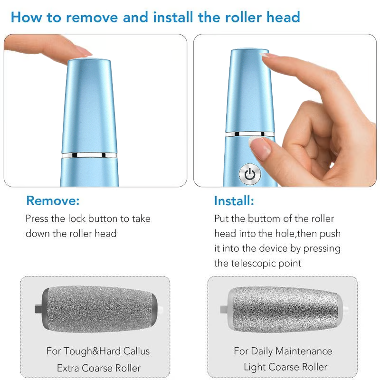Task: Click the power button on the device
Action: click(x=250, y=174)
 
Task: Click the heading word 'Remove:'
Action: click(x=53, y=200)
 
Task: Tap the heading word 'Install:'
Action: click(x=234, y=200)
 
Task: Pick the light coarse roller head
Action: click(x=285, y=310)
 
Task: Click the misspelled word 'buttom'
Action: click(x=258, y=218)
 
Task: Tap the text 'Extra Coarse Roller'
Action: click(x=98, y=368)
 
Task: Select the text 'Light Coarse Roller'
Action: click(x=285, y=367)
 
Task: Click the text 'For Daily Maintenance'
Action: click(x=283, y=351)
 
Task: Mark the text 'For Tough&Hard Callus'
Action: click(x=98, y=351)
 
